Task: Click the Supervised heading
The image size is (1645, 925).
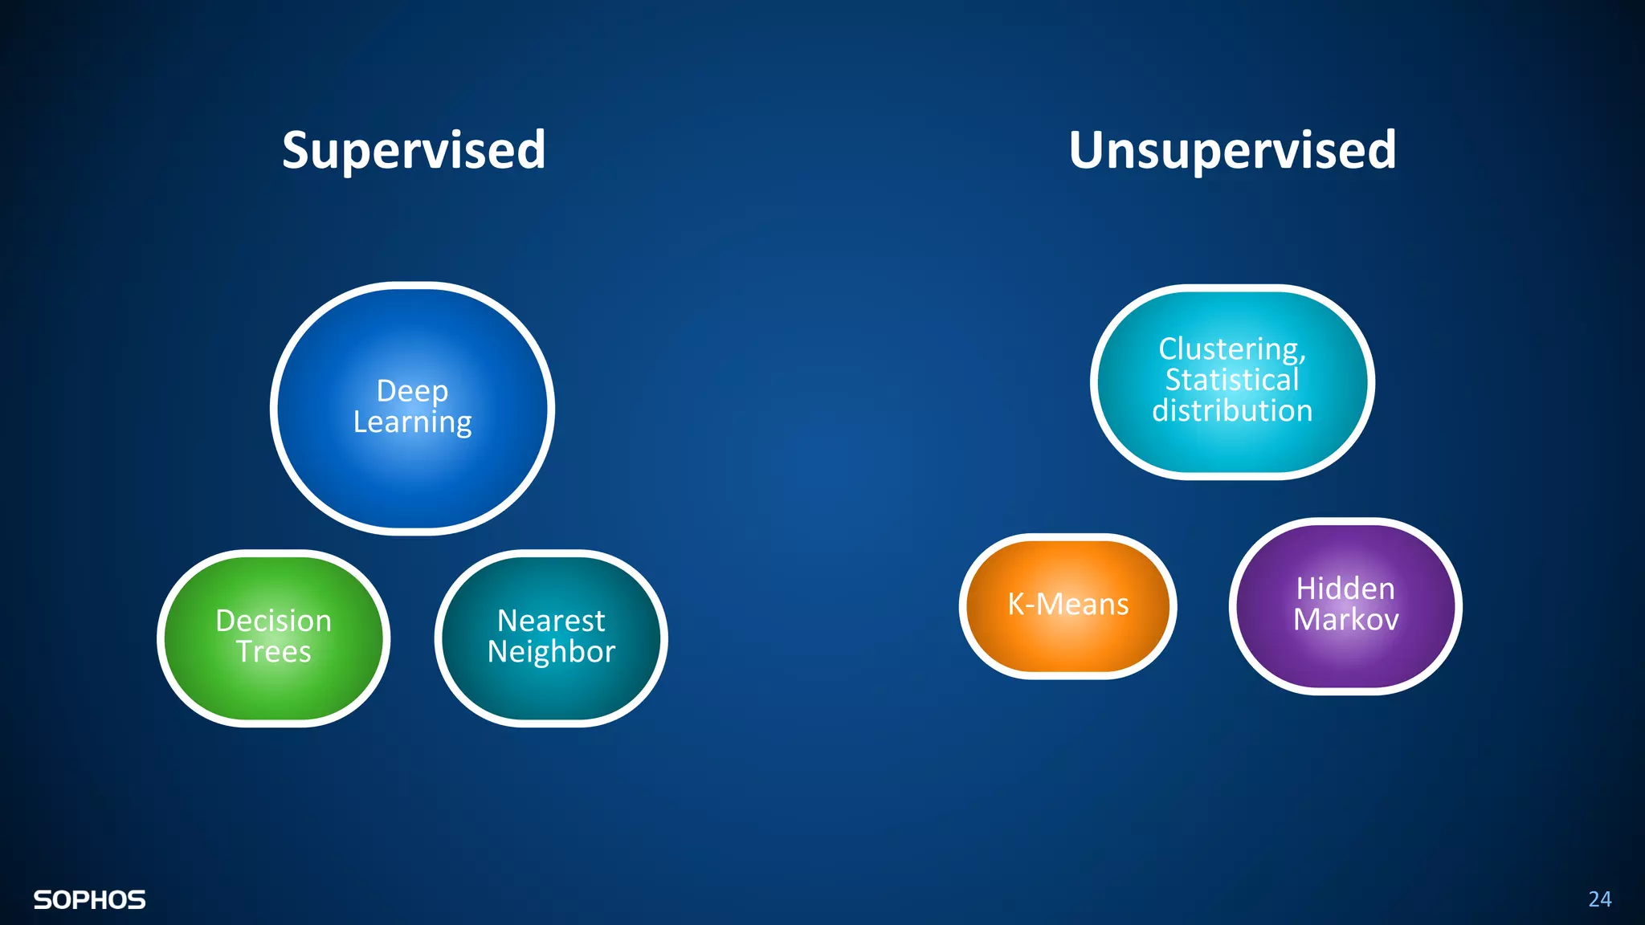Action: click(414, 150)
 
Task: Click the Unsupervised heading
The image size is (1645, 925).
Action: click(1232, 150)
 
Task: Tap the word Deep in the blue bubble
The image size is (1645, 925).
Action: click(412, 391)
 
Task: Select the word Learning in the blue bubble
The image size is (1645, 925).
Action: click(412, 422)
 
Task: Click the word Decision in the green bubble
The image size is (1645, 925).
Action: click(273, 621)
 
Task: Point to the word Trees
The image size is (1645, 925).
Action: click(273, 652)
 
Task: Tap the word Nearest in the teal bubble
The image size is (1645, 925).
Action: click(551, 621)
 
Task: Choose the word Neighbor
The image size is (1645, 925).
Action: click(551, 652)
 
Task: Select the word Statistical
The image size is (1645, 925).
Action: click(1232, 380)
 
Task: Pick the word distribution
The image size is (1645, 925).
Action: click(1232, 411)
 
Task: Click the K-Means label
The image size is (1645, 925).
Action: click(1067, 605)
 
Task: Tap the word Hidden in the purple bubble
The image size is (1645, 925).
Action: click(1345, 589)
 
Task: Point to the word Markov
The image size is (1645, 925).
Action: click(1345, 620)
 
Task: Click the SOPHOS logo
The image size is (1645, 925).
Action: click(89, 900)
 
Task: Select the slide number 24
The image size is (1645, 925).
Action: click(1599, 899)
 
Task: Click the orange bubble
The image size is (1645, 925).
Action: click(1067, 642)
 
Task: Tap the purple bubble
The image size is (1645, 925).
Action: click(1345, 658)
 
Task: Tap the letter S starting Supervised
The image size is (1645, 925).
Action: click(296, 150)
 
